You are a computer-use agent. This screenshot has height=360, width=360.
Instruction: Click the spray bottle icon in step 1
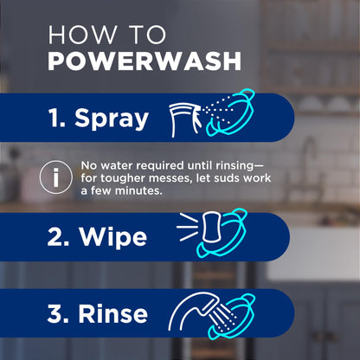(187, 117)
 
